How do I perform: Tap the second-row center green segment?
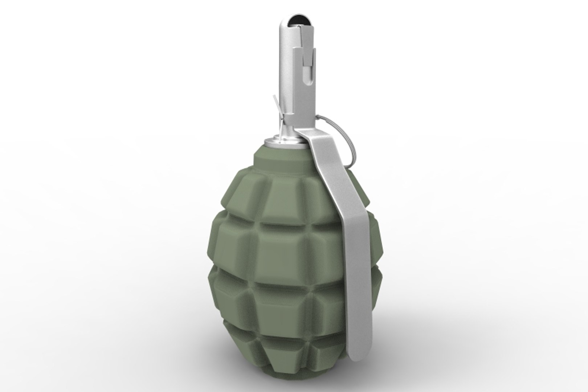(287, 247)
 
